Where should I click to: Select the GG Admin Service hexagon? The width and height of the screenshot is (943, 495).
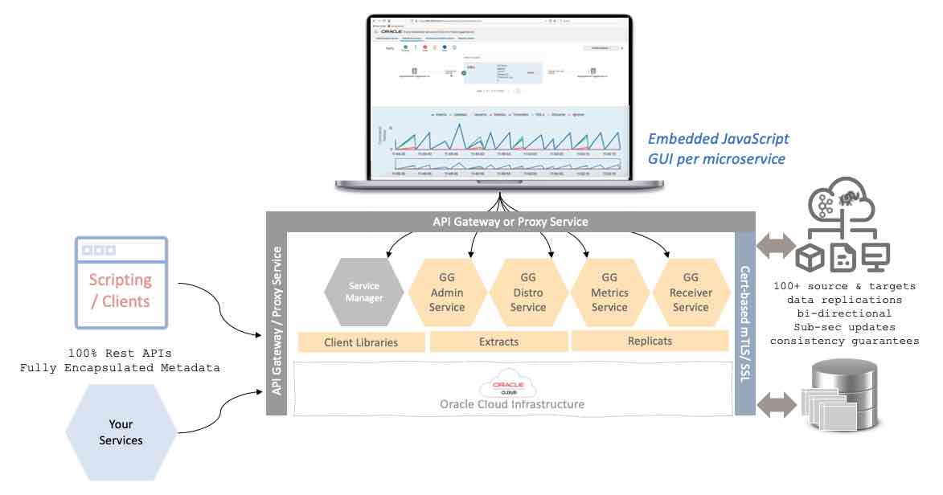coord(447,292)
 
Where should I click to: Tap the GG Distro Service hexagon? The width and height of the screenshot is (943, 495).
coord(528,292)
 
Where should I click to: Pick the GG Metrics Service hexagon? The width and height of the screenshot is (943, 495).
coord(609,292)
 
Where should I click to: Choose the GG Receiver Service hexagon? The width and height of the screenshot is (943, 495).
coord(691,292)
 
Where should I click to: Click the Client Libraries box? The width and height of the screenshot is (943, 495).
coord(361,342)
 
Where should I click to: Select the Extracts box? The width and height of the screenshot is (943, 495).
coord(498,342)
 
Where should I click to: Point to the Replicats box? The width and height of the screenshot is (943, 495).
coord(649,341)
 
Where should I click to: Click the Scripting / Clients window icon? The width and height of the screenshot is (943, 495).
coord(121,281)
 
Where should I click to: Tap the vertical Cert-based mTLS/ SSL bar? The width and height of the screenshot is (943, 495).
coord(745,324)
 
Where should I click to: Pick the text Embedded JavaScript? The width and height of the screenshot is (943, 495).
coord(718,139)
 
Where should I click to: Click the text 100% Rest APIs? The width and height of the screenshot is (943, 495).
coord(121,353)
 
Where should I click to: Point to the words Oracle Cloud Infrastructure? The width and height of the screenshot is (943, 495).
coord(511,404)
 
